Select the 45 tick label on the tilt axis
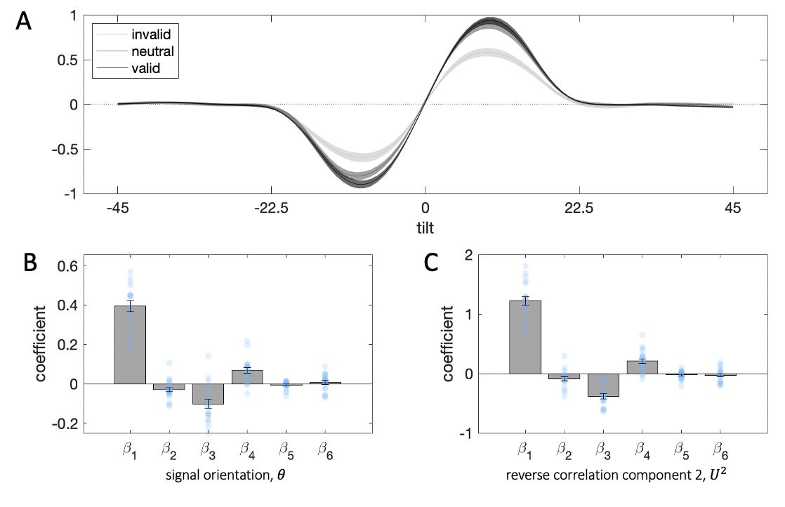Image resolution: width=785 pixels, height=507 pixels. point(733,208)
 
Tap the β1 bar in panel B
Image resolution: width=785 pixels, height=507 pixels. point(131,345)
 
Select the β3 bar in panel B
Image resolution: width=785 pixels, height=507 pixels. point(209,394)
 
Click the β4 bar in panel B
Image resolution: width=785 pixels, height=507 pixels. point(247,377)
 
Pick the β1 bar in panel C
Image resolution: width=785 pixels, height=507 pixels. point(525,337)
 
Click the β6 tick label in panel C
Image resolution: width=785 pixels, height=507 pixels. point(720,449)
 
